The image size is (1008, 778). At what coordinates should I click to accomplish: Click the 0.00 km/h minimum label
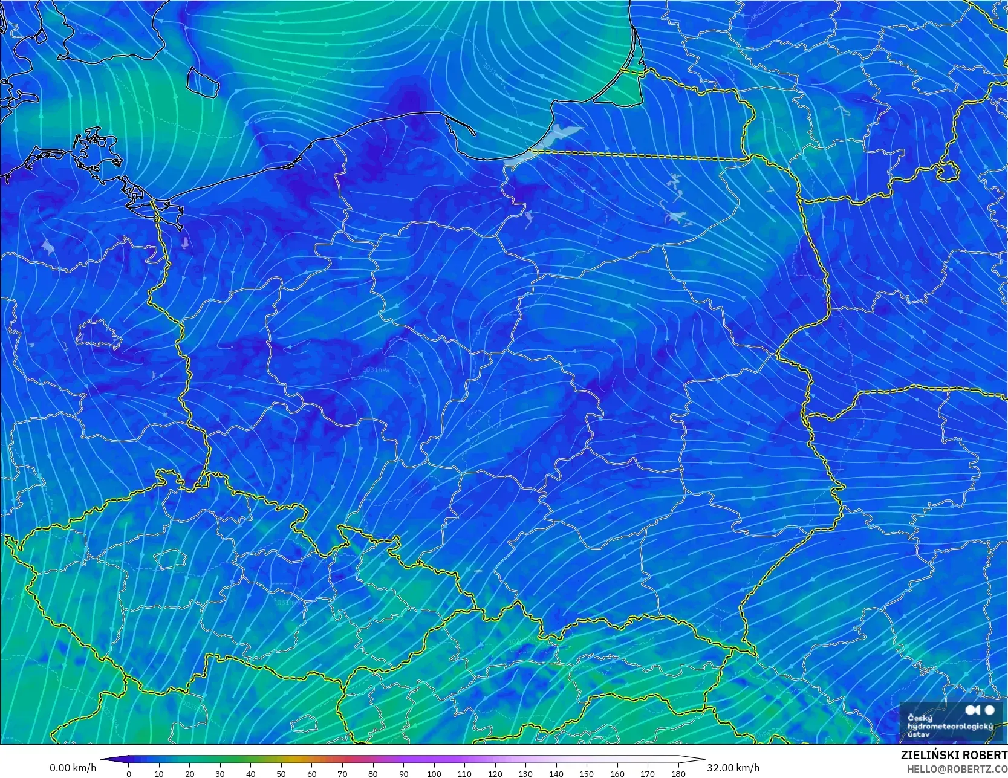[73, 768]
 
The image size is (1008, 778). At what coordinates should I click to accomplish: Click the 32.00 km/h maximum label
[733, 768]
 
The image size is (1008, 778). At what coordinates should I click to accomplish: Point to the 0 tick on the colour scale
[129, 773]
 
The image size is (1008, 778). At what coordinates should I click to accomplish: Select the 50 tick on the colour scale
[281, 773]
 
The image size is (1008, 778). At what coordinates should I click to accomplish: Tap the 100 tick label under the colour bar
[434, 773]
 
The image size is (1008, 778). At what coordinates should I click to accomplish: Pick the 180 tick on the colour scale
[678, 773]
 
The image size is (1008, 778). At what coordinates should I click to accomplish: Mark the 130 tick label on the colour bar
[525, 773]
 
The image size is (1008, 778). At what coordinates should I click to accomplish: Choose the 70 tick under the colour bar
[342, 773]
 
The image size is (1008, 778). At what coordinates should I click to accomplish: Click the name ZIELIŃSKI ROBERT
[954, 756]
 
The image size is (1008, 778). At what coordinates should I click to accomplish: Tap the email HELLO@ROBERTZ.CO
[957, 768]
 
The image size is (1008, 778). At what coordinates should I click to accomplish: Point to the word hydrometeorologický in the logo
[950, 727]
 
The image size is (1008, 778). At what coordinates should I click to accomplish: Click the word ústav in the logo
[919, 734]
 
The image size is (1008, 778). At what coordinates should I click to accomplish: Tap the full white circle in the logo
[989, 710]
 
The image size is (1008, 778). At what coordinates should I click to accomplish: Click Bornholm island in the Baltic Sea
[203, 82]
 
